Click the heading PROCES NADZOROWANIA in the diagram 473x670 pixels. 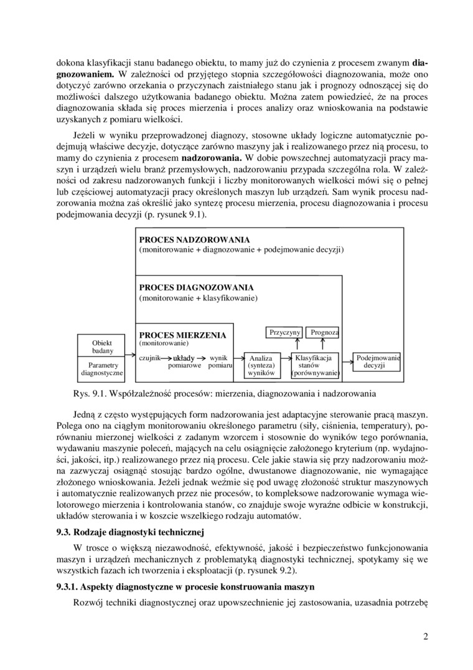coord(194,240)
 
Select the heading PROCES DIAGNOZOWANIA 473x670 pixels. coord(196,288)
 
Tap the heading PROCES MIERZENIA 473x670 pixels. coord(182,335)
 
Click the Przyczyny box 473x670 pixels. coord(285,333)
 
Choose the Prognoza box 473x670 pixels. coord(324,333)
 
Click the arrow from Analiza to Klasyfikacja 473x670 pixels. coord(283,358)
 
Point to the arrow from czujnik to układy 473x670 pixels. coord(166,358)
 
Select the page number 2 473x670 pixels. coord(425,636)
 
